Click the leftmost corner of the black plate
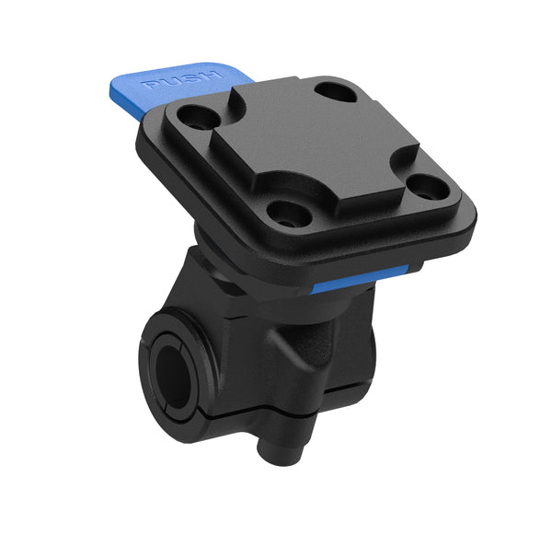[138, 138]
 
